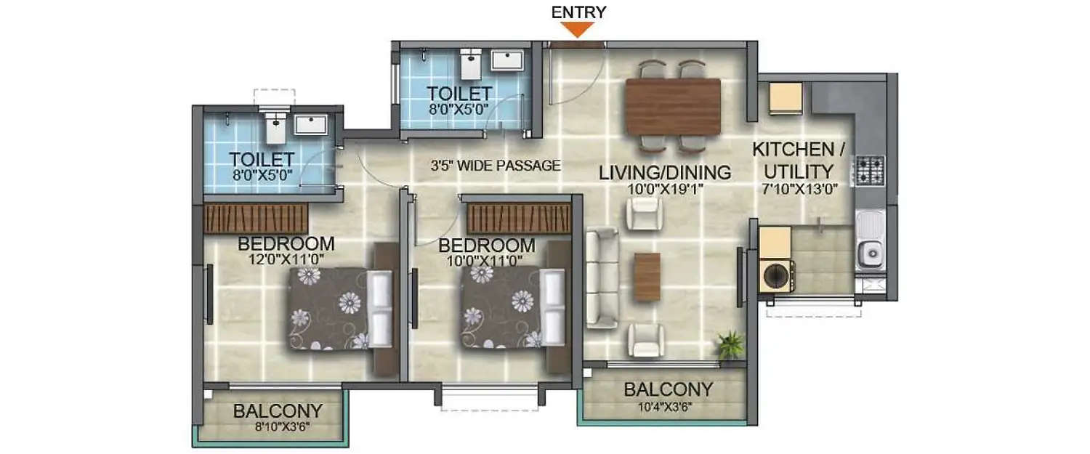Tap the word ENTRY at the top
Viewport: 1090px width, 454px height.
click(x=578, y=12)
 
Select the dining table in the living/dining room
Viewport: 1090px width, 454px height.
click(x=673, y=106)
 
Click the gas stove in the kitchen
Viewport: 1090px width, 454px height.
click(x=869, y=170)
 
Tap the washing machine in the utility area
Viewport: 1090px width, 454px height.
click(x=776, y=276)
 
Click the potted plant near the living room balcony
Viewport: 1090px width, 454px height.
click(x=731, y=344)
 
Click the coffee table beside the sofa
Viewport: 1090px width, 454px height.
click(x=647, y=277)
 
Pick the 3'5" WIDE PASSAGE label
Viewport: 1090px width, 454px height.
click(x=495, y=166)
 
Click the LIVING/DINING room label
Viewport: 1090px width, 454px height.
click(x=665, y=173)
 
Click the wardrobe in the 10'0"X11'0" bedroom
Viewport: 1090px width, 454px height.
click(x=519, y=218)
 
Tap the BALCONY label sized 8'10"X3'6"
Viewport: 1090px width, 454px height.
click(x=278, y=411)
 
